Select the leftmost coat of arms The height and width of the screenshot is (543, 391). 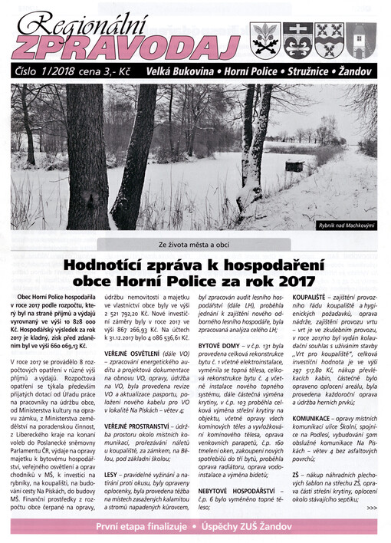click(x=266, y=40)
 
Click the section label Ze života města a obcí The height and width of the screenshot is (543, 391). click(x=195, y=245)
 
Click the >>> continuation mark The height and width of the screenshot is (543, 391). click(x=372, y=506)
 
